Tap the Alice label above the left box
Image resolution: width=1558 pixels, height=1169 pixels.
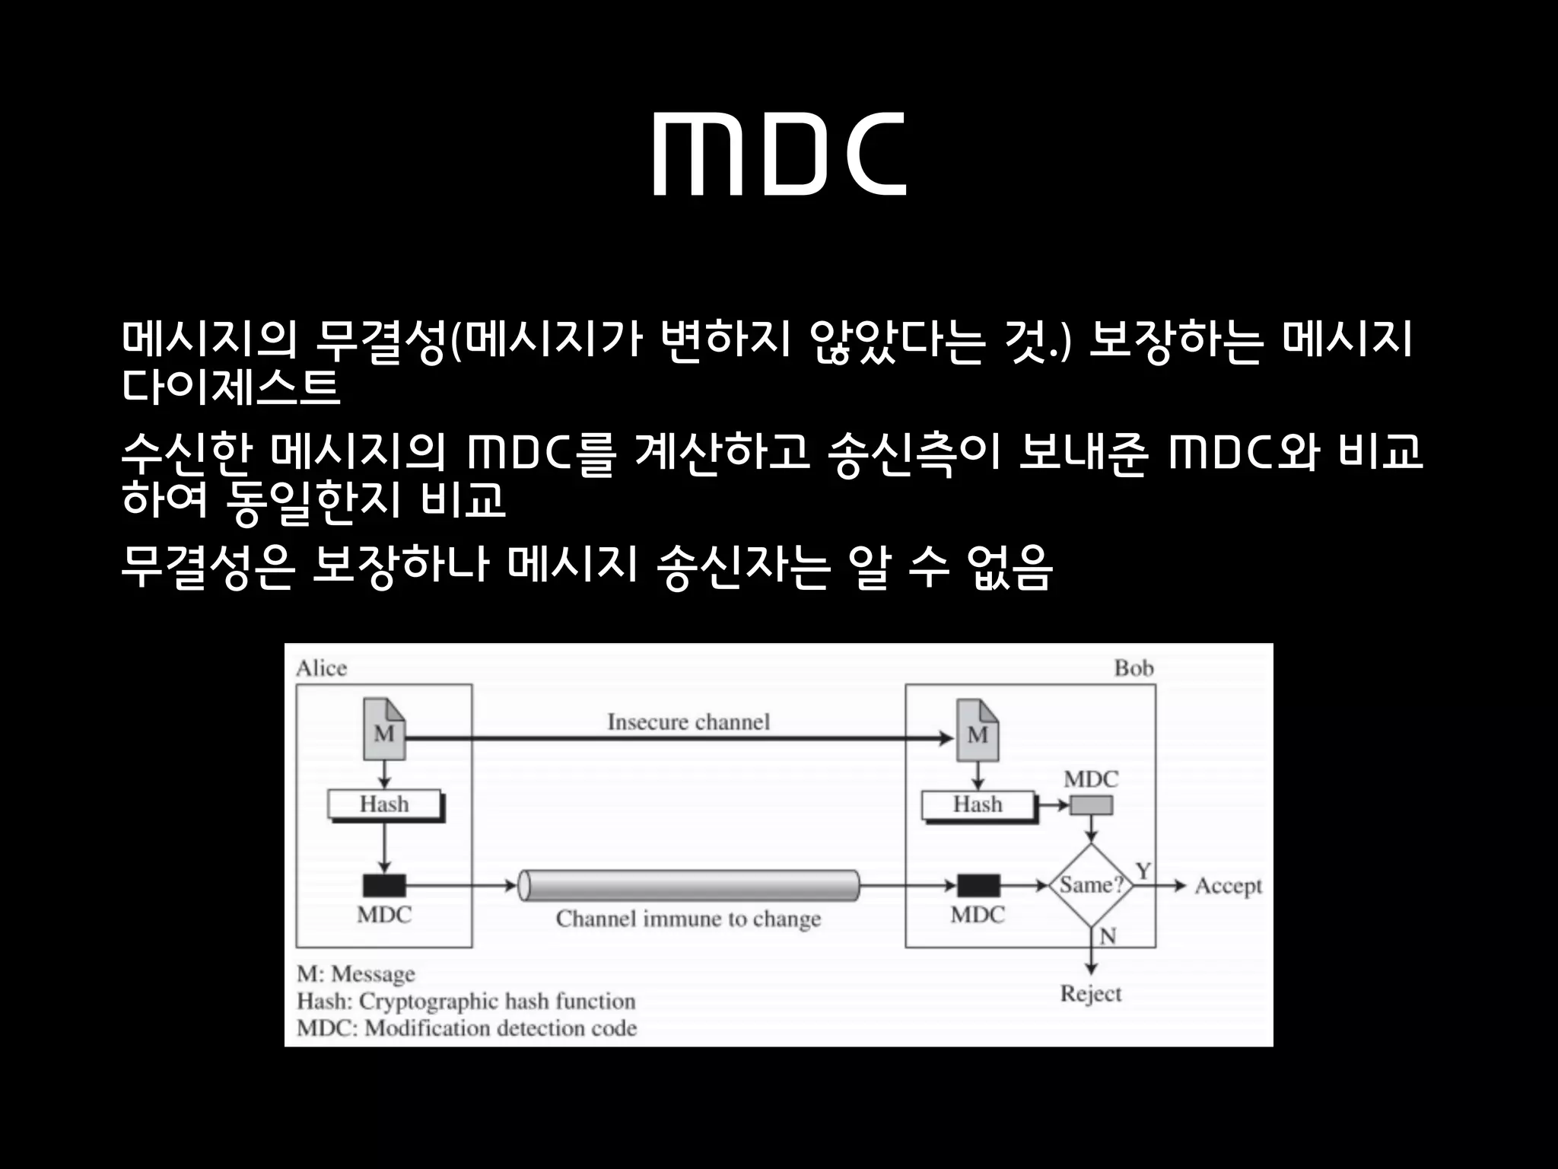(x=321, y=668)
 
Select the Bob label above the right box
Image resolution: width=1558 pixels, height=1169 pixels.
(x=1134, y=668)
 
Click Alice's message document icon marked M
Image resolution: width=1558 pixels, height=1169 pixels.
(x=385, y=730)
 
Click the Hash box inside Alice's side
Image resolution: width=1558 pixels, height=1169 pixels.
(x=385, y=804)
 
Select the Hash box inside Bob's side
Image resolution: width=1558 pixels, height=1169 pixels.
(x=978, y=804)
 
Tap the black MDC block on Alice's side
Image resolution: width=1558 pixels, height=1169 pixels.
(x=384, y=886)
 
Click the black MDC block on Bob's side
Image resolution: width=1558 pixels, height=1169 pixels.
(x=978, y=886)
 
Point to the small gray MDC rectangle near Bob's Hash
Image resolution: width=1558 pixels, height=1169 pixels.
(x=1091, y=805)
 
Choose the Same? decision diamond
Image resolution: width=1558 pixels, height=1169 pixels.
(x=1091, y=885)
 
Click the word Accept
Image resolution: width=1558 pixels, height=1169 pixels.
(x=1228, y=886)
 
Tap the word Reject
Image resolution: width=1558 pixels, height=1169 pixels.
(x=1091, y=994)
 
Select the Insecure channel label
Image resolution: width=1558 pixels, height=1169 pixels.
(x=688, y=721)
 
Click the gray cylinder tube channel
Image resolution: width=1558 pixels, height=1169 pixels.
(x=688, y=885)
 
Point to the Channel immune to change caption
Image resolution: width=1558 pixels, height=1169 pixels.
(x=688, y=919)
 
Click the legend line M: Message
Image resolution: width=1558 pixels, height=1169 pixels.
(x=356, y=974)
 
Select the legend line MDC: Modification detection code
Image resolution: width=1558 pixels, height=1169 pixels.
(x=466, y=1028)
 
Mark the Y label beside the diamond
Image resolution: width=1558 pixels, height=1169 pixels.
(x=1143, y=870)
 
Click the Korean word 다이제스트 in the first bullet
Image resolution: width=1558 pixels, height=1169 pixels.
(x=231, y=387)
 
